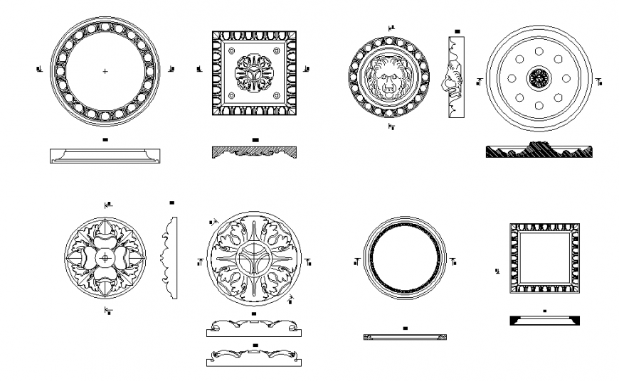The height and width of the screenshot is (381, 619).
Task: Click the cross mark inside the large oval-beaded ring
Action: tap(105, 71)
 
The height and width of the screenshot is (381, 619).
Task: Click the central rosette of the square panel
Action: tap(253, 73)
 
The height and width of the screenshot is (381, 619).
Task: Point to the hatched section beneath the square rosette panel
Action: tap(254, 151)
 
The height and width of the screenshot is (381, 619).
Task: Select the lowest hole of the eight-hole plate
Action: tap(539, 106)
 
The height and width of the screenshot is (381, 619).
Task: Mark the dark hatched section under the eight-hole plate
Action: tap(539, 151)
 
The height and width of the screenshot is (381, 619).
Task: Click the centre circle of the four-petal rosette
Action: tap(105, 257)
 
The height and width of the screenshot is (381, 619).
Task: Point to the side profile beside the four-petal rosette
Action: tap(169, 257)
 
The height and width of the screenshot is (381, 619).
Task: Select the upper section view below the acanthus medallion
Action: tap(254, 328)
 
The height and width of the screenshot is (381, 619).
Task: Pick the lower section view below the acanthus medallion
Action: tap(254, 358)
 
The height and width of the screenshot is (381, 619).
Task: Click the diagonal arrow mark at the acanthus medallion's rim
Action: tap(291, 299)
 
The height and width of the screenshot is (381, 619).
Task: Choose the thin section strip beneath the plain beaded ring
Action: tap(405, 337)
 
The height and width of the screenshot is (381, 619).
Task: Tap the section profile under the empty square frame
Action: tap(544, 320)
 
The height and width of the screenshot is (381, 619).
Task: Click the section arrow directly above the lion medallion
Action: tap(391, 28)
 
